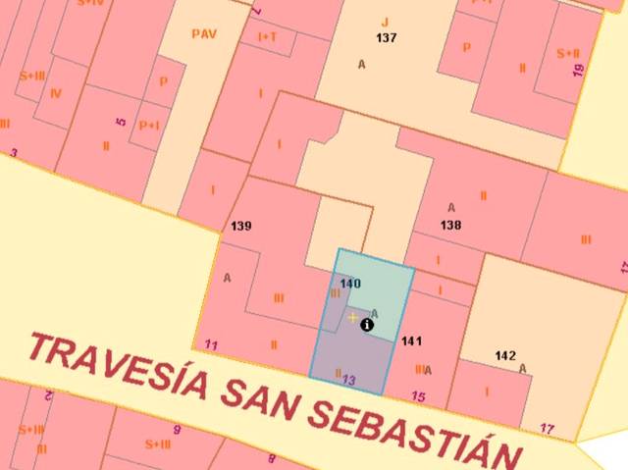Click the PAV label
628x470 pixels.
click(x=203, y=34)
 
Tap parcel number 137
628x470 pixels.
click(x=387, y=37)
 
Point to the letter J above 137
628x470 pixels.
click(x=386, y=22)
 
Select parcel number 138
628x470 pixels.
click(x=451, y=225)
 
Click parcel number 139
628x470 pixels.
click(x=241, y=227)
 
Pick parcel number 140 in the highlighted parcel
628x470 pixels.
click(x=350, y=284)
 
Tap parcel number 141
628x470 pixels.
click(x=411, y=340)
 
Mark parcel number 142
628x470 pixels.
click(x=505, y=355)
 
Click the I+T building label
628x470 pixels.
click(x=267, y=36)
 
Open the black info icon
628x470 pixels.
click(x=367, y=324)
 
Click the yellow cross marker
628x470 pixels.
click(x=352, y=318)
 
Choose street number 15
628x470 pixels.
click(x=419, y=396)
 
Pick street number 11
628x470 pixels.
click(x=211, y=344)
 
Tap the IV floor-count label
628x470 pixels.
click(x=55, y=94)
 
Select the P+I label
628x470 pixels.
click(x=149, y=126)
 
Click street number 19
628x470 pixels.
click(x=578, y=70)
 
